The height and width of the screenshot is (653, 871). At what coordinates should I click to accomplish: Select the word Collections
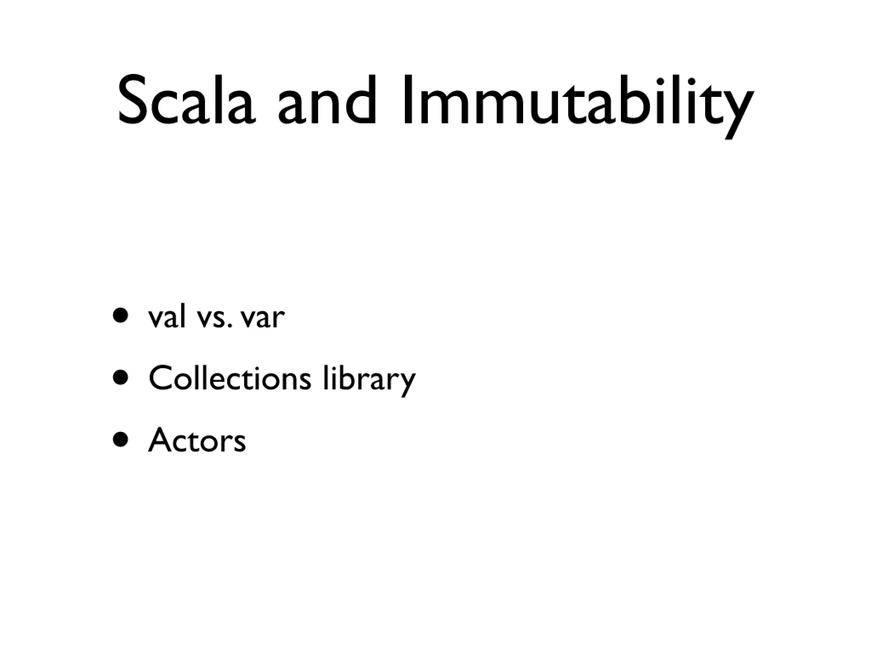click(x=230, y=378)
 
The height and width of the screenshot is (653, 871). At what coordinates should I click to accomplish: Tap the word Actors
click(x=197, y=440)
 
